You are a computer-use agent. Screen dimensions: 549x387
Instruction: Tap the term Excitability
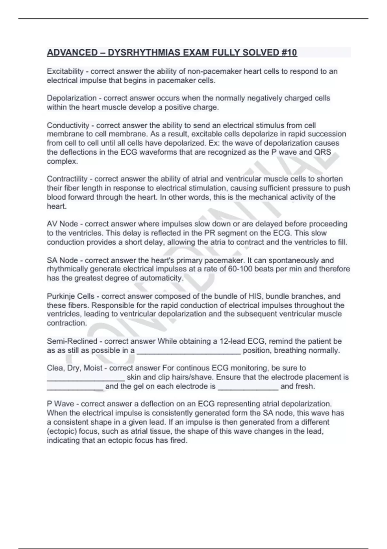[65, 71]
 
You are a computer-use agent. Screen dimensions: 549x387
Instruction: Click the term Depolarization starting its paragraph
[72, 98]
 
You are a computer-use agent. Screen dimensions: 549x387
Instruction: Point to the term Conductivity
[68, 125]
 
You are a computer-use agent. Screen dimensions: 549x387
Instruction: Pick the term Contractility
[67, 179]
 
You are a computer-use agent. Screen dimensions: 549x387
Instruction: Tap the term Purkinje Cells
[71, 296]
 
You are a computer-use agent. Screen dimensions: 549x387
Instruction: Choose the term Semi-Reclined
[72, 341]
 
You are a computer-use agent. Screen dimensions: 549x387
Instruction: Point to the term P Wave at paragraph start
[60, 404]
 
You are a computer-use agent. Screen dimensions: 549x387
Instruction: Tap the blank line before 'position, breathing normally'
[189, 352]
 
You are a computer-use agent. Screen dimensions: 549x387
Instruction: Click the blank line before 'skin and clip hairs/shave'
[86, 379]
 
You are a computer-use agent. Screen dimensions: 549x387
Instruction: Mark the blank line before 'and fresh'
[248, 388]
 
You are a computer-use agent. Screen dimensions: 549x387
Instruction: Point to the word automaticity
[157, 278]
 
